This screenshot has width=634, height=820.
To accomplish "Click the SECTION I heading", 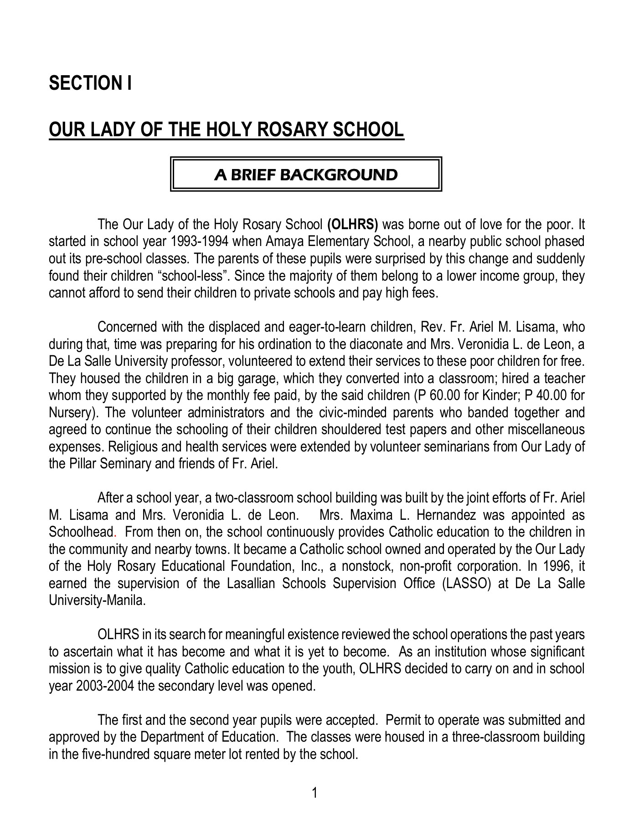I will pyautogui.click(x=90, y=83).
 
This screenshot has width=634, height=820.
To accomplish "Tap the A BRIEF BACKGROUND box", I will pyautogui.click(x=306, y=174).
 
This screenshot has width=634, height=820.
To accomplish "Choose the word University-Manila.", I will pyautogui.click(x=97, y=600).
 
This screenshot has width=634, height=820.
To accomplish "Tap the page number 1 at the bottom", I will pyautogui.click(x=314, y=793).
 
